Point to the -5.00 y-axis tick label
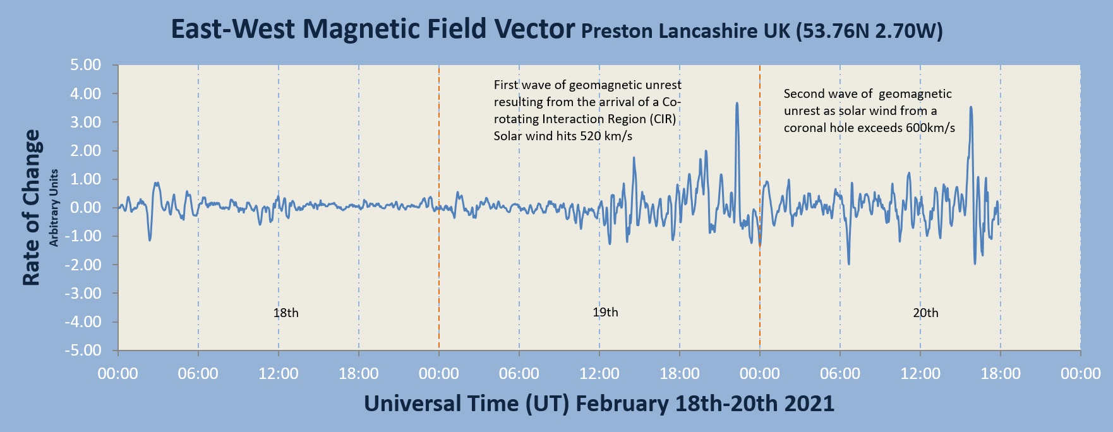[x=84, y=351]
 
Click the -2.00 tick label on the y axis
[x=84, y=265]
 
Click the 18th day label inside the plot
[x=286, y=313]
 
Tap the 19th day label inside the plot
[x=605, y=312]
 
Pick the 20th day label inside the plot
[x=925, y=313]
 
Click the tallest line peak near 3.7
[x=737, y=104]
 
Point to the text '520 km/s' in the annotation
[x=606, y=136]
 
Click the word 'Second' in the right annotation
[x=803, y=93]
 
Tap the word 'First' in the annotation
[x=505, y=85]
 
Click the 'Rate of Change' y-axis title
[x=32, y=208]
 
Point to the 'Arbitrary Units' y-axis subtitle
[x=54, y=208]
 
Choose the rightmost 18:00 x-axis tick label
[x=1000, y=374]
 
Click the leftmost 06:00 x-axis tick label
[x=198, y=374]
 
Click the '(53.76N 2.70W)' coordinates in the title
[x=869, y=31]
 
